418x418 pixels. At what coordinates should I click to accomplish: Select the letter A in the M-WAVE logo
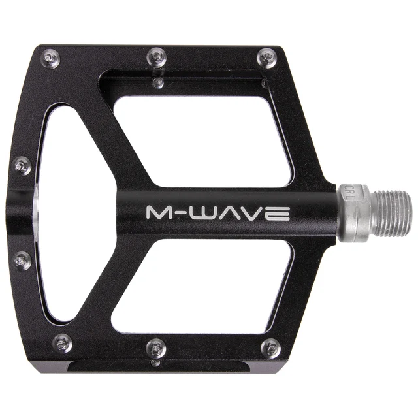(232, 213)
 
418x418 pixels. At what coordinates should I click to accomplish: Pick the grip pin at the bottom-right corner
(270, 347)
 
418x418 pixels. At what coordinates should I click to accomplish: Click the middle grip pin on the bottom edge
(156, 347)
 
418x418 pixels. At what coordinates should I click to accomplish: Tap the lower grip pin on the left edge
(23, 261)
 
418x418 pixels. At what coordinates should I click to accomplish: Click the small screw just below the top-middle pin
(157, 82)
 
